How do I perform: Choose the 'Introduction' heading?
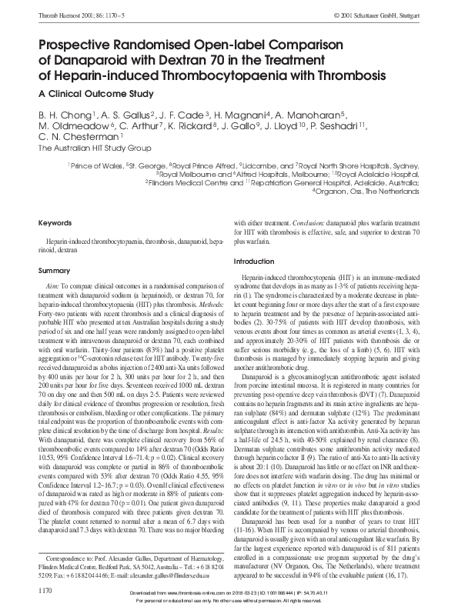[x=253, y=262]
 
